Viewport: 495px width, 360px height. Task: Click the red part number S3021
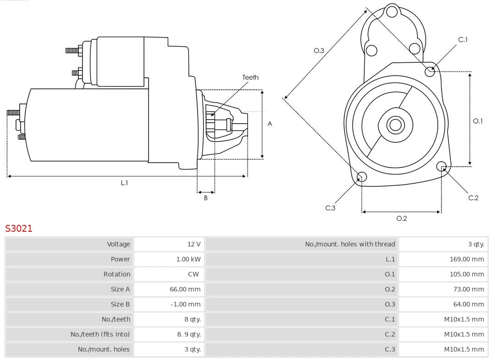pos(19,228)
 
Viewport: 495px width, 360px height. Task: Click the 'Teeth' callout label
pos(250,77)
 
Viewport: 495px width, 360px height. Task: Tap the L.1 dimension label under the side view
pos(124,183)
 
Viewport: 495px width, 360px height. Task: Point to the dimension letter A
pos(270,124)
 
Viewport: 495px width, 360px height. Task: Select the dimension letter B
pos(206,198)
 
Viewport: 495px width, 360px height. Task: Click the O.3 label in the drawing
pos(319,50)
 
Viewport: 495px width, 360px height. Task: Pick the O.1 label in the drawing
pos(478,121)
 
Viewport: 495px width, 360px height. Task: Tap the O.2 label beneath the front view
pos(401,218)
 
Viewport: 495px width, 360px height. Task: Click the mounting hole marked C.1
pos(430,71)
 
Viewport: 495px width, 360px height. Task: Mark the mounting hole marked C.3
pos(362,177)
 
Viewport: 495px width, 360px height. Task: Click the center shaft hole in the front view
pos(395,125)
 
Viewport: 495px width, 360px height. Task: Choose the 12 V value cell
pos(194,244)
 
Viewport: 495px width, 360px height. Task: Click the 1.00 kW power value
pos(188,259)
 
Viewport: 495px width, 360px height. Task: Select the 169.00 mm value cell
pos(467,259)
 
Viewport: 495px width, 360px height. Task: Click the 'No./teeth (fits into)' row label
pos(100,334)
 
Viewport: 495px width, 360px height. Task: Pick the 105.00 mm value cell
pos(467,274)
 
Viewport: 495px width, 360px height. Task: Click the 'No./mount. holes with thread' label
pos(350,244)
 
